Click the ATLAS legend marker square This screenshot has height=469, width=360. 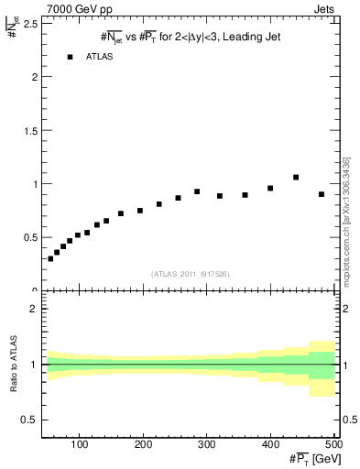tap(70, 57)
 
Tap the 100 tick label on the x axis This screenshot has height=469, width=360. tap(81, 445)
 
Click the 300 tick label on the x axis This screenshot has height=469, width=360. tap(208, 445)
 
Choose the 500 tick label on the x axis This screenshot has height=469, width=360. tap(333, 445)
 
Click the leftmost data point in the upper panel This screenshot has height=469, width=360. tap(50, 258)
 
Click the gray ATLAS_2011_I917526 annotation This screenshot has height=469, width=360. tap(189, 274)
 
